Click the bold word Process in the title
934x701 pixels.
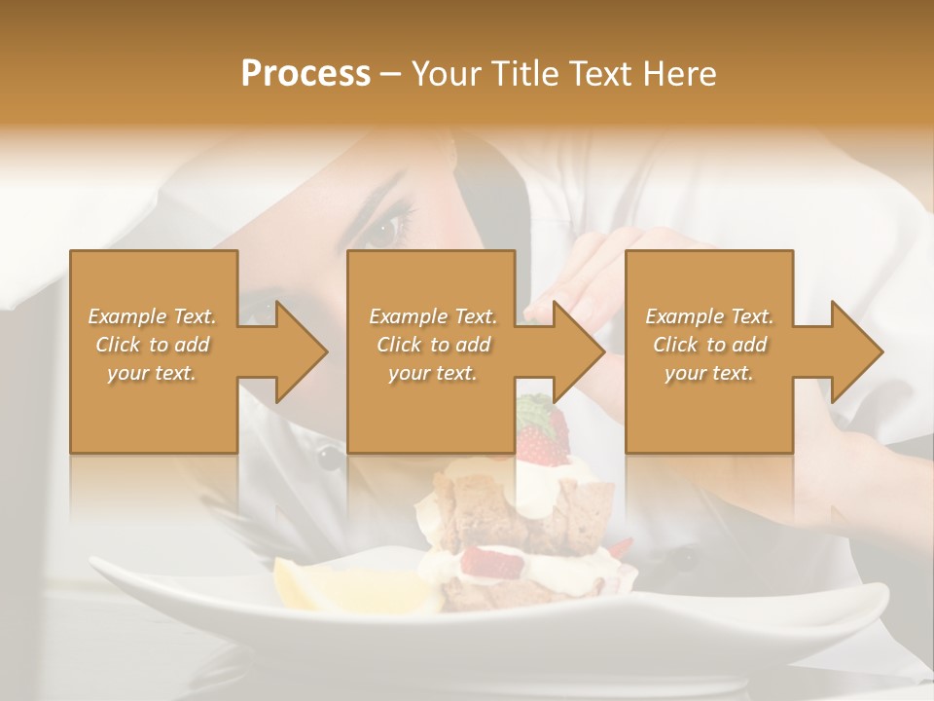click(305, 74)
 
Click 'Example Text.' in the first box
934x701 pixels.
click(152, 316)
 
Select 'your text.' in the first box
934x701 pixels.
click(152, 373)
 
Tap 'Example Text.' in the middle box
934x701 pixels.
click(432, 316)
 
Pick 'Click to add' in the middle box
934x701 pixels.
click(432, 345)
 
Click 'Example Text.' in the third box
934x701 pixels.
click(709, 316)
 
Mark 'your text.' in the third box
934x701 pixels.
click(709, 373)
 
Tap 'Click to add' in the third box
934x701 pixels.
click(709, 345)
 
